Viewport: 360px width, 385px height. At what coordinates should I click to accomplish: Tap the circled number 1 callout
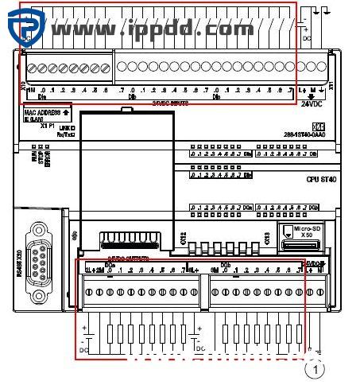316,368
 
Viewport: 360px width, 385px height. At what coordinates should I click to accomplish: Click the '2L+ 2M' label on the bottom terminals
93,270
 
